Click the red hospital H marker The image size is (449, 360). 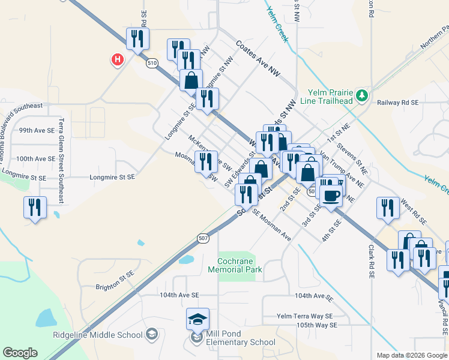click(x=118, y=59)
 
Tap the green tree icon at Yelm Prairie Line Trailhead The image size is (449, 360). click(x=361, y=95)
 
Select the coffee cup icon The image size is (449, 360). click(x=331, y=194)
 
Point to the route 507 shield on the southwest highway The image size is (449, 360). click(x=203, y=238)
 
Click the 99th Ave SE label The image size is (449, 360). click(x=37, y=130)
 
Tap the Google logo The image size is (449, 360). click(x=20, y=353)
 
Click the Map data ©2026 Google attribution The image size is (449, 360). click(x=412, y=355)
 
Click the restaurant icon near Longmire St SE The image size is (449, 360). click(x=34, y=208)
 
